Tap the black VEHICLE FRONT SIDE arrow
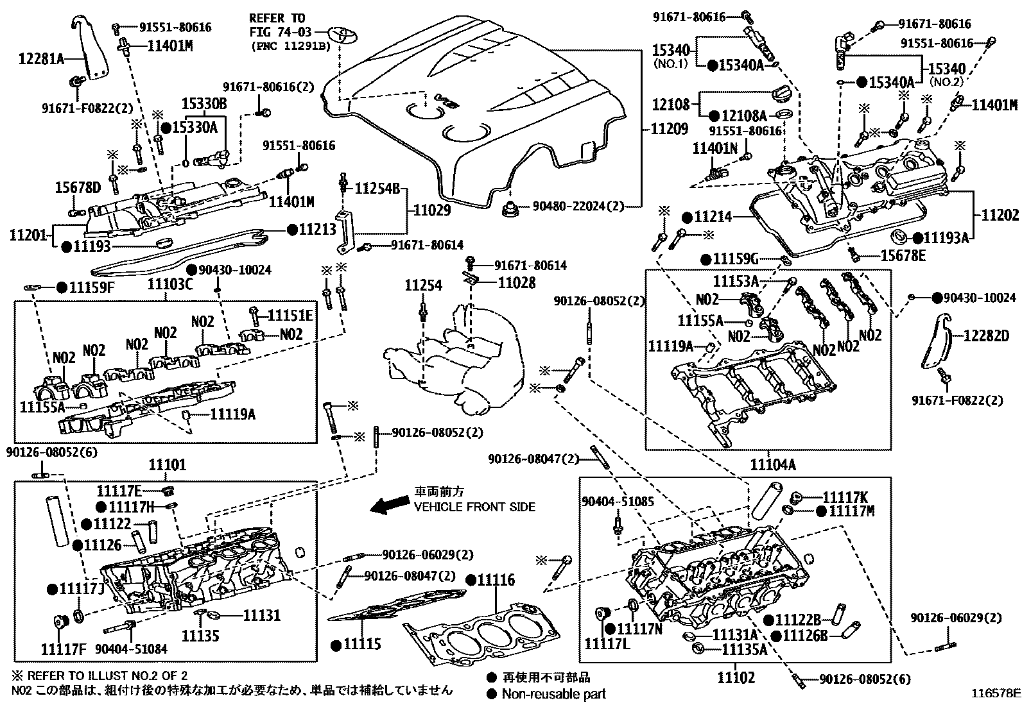[x=388, y=506]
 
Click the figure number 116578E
[x=994, y=693]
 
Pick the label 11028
[x=517, y=283]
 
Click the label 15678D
[x=77, y=187]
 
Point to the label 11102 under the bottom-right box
[x=736, y=677]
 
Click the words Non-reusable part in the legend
[x=553, y=693]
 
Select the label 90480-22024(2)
[x=578, y=207]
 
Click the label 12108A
[x=744, y=116]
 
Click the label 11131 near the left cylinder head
[x=261, y=615]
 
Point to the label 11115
[x=363, y=643]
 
